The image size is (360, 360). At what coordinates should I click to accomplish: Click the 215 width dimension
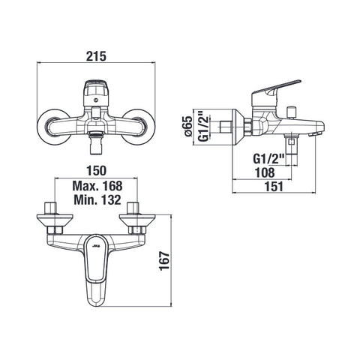point(96,56)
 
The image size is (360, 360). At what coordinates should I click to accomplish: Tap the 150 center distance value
point(96,171)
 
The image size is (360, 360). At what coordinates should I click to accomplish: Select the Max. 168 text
point(97,186)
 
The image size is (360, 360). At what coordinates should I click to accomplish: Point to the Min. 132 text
point(97,199)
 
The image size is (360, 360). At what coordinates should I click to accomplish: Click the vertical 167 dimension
point(164,261)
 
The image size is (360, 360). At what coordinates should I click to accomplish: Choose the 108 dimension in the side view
point(265,172)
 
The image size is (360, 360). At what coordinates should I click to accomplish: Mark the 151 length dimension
point(274,187)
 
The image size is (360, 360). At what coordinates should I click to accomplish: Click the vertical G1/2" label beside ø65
point(204,127)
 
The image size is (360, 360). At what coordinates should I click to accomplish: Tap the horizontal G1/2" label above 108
point(269,158)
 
